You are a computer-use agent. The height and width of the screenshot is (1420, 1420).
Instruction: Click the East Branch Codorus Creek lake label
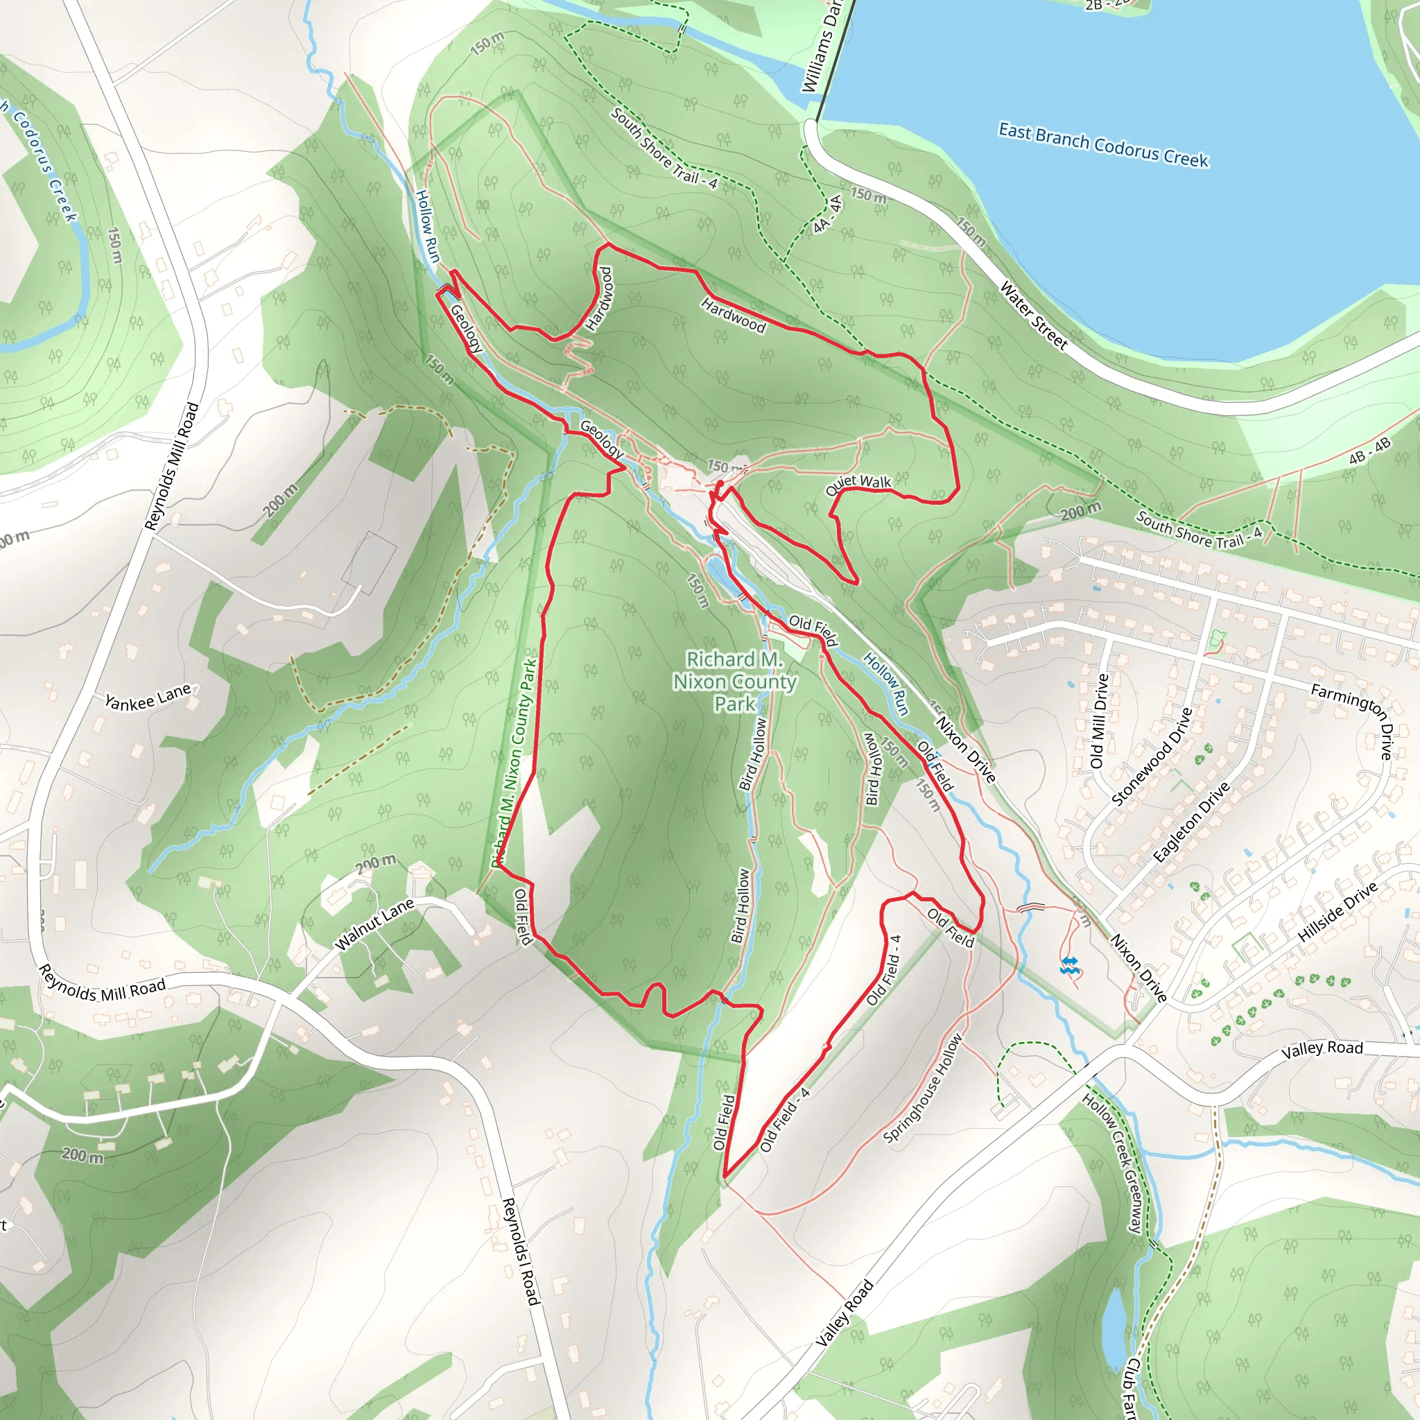click(1102, 145)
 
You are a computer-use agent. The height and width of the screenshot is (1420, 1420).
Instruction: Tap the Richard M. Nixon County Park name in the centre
click(734, 682)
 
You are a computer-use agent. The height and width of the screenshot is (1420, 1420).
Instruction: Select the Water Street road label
click(1033, 315)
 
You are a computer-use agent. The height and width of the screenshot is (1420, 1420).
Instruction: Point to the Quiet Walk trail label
click(858, 485)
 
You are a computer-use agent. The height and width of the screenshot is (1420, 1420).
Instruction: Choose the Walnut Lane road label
click(374, 924)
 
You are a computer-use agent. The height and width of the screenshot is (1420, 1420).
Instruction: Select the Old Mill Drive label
click(1099, 721)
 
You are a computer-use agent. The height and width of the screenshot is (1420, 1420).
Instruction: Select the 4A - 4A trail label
click(828, 214)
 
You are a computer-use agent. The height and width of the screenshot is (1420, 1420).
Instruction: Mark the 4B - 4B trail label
click(1369, 451)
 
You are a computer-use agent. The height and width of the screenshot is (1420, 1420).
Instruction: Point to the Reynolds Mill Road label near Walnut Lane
click(102, 984)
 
